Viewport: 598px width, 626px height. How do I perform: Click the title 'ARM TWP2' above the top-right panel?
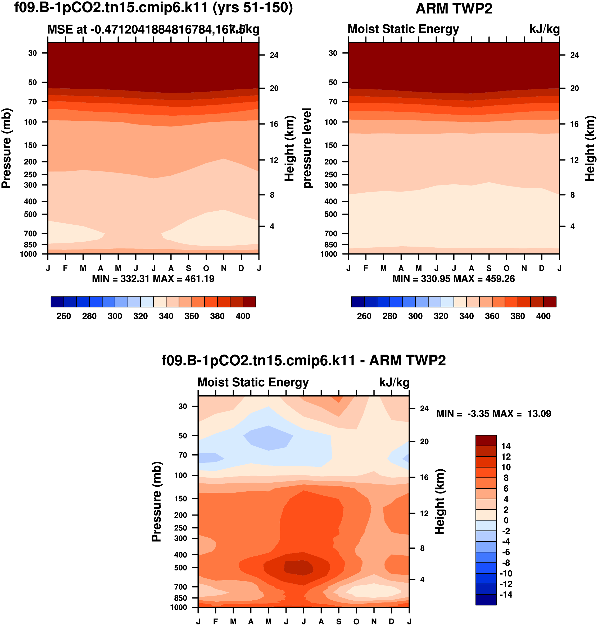(454, 9)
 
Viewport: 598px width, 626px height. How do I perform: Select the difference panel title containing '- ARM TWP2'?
(303, 360)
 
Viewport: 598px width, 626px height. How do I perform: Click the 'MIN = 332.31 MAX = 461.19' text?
(153, 279)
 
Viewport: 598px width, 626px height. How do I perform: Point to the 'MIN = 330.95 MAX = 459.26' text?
(453, 279)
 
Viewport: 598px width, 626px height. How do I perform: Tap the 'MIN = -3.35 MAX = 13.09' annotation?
(493, 414)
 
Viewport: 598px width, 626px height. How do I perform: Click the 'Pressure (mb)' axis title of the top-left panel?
(6, 148)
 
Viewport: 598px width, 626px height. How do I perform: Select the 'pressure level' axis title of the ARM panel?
(307, 148)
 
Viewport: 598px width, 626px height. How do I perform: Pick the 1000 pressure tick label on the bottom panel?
(179, 607)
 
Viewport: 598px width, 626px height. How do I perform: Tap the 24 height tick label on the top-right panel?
(574, 55)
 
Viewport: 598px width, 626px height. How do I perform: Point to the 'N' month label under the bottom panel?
(374, 621)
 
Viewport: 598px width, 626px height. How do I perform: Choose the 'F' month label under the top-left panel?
(65, 268)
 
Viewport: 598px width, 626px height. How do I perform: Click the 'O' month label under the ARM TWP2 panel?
(506, 268)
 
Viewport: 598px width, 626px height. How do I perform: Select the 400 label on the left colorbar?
(243, 316)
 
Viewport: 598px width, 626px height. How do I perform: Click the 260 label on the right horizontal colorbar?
(364, 316)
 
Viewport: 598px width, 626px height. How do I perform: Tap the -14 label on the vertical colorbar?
(506, 595)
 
